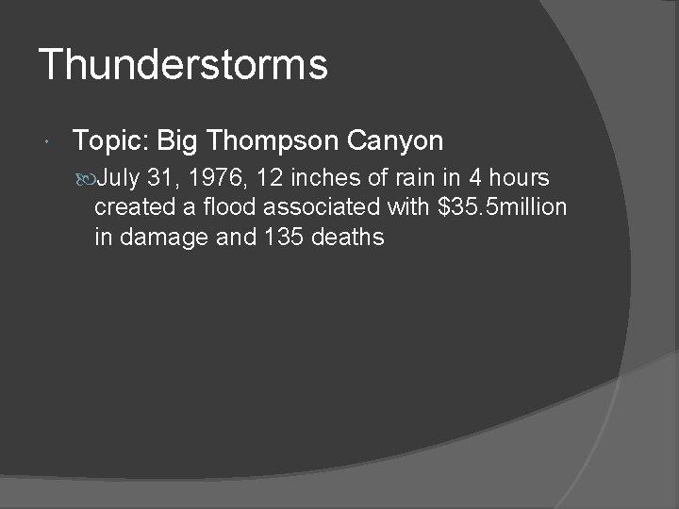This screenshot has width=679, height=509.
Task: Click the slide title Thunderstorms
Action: pos(183,65)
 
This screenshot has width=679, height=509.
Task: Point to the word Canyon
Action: pos(395,141)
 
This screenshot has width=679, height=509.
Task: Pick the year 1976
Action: pos(215,177)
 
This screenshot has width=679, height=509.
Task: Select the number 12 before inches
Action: pos(269,177)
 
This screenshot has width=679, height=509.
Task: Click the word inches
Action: pos(322,177)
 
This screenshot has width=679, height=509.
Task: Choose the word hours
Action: pos(518,177)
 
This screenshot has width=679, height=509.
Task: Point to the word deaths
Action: pos(347,237)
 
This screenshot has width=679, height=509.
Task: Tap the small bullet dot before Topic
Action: pos(47,143)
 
